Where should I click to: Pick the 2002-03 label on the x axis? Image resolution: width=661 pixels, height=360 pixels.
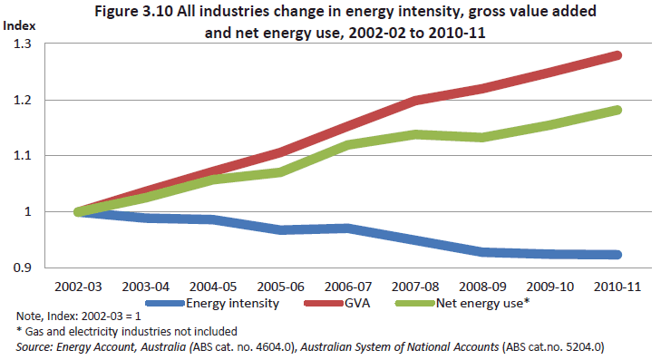pos(80,286)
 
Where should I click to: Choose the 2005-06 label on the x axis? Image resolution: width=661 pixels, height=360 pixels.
pos(282,286)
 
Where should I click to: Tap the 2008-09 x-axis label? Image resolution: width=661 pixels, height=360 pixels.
pos(484,286)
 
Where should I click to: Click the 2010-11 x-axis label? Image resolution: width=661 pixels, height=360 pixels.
pos(619,286)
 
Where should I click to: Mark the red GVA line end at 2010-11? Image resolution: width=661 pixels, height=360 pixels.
pos(618,55)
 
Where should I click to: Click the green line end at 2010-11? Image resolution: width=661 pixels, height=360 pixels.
pos(618,110)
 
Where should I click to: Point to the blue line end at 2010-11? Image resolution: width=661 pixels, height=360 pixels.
pos(618,255)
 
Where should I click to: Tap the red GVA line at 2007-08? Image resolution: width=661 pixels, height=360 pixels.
pos(416,100)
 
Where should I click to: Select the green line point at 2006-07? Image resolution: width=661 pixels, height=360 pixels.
pos(349,144)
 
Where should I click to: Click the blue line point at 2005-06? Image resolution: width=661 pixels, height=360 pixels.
pos(282,230)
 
